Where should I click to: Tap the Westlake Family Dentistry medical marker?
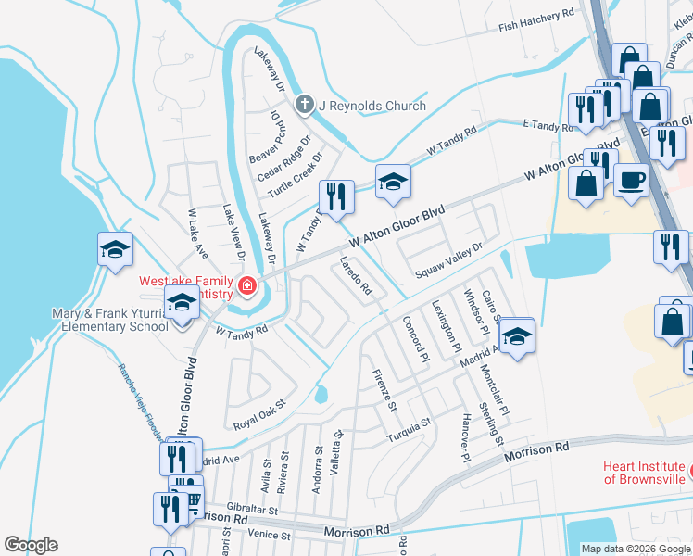click(x=246, y=285)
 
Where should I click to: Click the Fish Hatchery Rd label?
click(x=536, y=16)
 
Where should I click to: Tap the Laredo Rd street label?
click(x=356, y=276)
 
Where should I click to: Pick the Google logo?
click(x=31, y=545)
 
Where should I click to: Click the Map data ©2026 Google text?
click(x=636, y=549)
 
